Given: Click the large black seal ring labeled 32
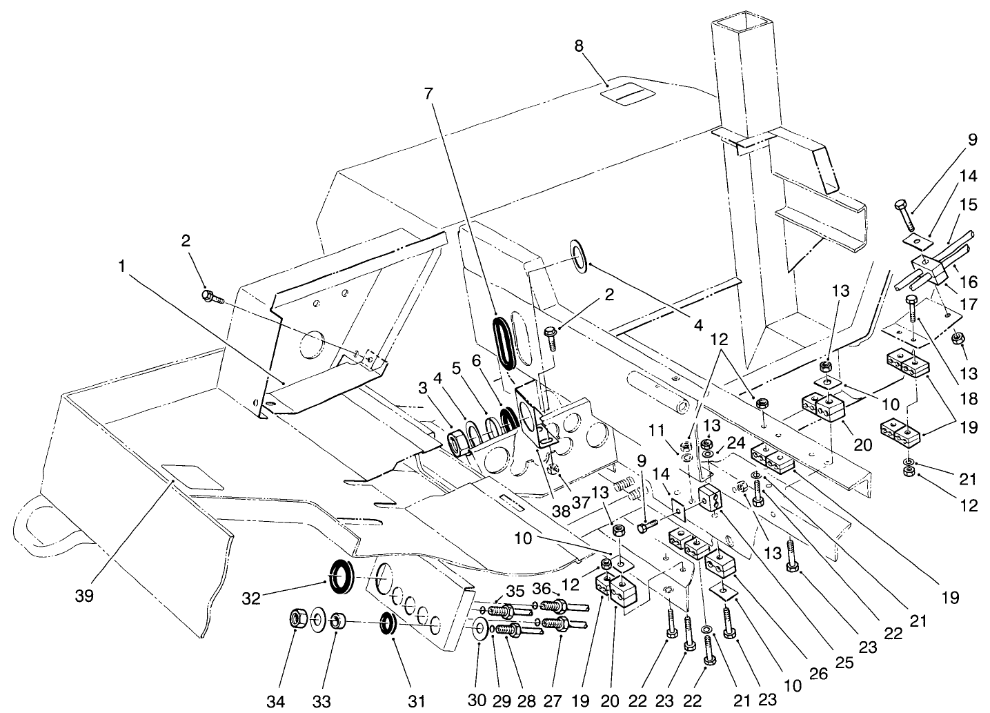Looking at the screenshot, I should coord(340,576).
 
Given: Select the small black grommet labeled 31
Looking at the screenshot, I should coord(389,623).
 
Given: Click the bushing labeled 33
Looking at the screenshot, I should coord(337,621).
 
